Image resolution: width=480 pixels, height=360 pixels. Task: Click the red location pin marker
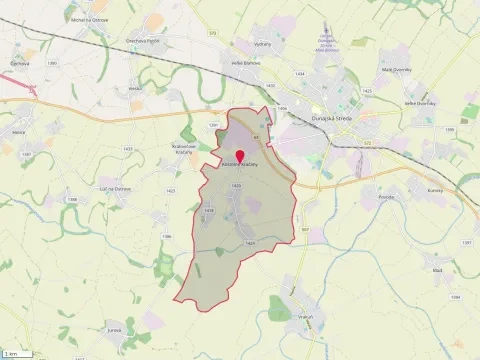[x=239, y=155]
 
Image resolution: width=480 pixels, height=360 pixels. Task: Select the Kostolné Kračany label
[x=240, y=164]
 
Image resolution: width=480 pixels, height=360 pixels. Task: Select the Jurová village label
[x=142, y=328]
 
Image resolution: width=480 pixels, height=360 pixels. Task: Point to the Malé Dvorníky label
[x=398, y=70]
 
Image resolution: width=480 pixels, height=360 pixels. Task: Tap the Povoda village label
[x=359, y=198]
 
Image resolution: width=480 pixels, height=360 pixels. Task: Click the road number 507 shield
[x=304, y=229]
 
